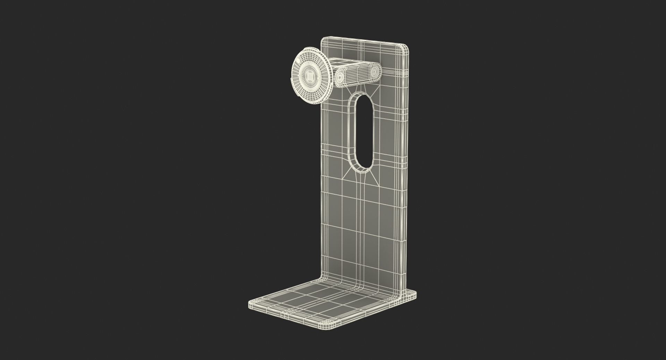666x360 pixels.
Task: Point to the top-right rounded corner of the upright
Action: pyautogui.click(x=406, y=47)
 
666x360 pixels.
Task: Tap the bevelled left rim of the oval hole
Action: pyautogui.click(x=351, y=132)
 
